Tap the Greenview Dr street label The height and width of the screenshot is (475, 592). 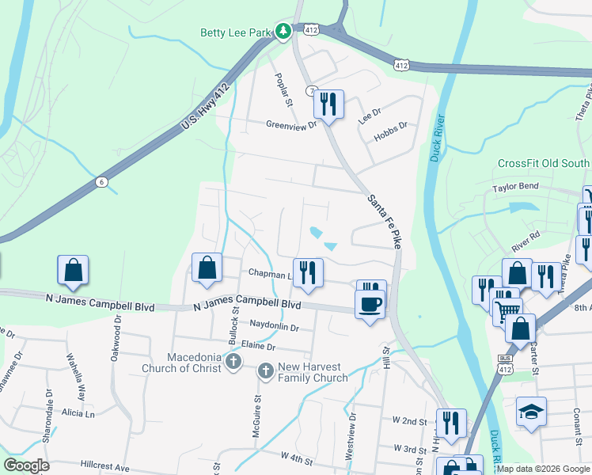pyautogui.click(x=291, y=124)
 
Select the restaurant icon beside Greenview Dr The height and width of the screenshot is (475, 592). pyautogui.click(x=328, y=104)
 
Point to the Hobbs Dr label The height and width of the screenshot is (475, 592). pyautogui.click(x=391, y=125)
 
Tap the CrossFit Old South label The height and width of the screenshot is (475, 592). pyautogui.click(x=543, y=164)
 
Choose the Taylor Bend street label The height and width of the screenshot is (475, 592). pyautogui.click(x=515, y=188)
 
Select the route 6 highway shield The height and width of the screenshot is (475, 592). pyautogui.click(x=101, y=182)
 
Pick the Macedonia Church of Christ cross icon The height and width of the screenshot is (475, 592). pyautogui.click(x=233, y=362)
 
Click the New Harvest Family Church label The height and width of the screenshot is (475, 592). pyautogui.click(x=313, y=372)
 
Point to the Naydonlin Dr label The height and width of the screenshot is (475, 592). pyautogui.click(x=274, y=327)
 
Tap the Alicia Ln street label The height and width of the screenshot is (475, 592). pyautogui.click(x=78, y=413)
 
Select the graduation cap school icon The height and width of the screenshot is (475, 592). pyautogui.click(x=531, y=412)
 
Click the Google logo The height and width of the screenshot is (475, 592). pyautogui.click(x=26, y=465)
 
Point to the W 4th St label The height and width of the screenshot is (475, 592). pyautogui.click(x=299, y=456)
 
